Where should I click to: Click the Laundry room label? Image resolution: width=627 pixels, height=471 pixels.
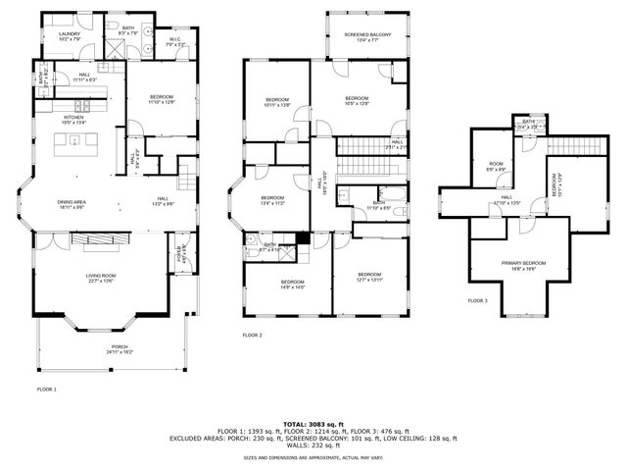(69, 36)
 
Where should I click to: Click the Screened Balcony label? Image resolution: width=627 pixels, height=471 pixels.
(366, 36)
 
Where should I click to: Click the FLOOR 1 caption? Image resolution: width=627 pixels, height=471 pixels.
(47, 390)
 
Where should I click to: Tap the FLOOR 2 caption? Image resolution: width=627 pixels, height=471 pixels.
(252, 336)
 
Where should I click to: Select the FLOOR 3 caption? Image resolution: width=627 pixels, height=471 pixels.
(477, 300)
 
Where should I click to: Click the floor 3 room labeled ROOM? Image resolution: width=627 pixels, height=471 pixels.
(496, 166)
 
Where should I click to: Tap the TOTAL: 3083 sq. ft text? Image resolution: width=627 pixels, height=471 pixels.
(313, 423)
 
